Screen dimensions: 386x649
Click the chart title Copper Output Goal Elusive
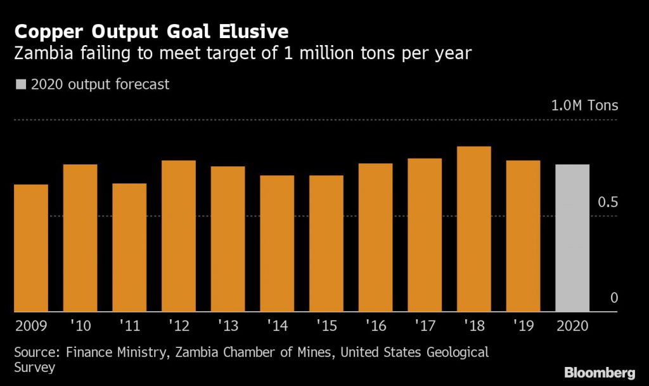pyautogui.click(x=151, y=31)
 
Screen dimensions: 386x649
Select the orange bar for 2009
pyautogui.click(x=31, y=248)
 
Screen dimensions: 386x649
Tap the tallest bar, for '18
pyautogui.click(x=474, y=229)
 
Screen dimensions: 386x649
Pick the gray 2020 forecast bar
pyautogui.click(x=572, y=238)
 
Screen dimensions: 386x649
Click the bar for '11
pyautogui.click(x=129, y=248)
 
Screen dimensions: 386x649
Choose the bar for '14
pyautogui.click(x=277, y=243)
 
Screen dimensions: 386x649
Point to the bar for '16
pyautogui.click(x=375, y=237)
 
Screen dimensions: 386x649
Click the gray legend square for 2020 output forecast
pyautogui.click(x=21, y=84)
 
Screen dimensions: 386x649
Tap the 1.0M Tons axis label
pyautogui.click(x=584, y=106)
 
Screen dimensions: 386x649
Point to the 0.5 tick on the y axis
pyautogui.click(x=608, y=203)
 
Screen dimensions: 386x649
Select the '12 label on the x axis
pyautogui.click(x=178, y=326)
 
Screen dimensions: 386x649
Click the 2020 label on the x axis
pyautogui.click(x=572, y=326)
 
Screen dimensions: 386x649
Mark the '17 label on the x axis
pyautogui.click(x=425, y=326)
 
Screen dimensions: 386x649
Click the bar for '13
pyautogui.click(x=228, y=239)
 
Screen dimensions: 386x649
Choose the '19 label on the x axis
pyautogui.click(x=523, y=326)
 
